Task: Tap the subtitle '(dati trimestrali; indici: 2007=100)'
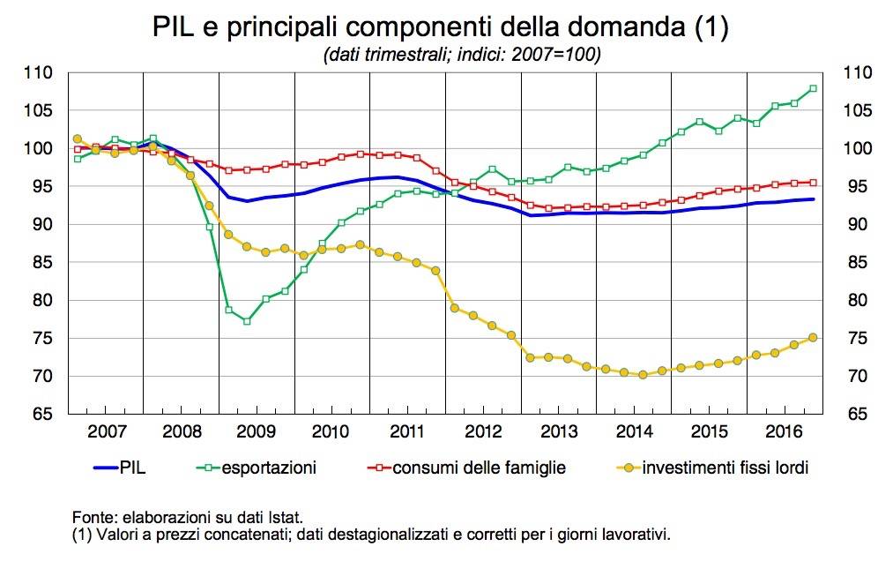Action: pyautogui.click(x=462, y=55)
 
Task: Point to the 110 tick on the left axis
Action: pyautogui.click(x=38, y=73)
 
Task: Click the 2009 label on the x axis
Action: pyautogui.click(x=256, y=432)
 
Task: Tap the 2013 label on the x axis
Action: pyautogui.click(x=559, y=432)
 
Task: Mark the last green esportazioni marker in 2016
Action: pyautogui.click(x=813, y=88)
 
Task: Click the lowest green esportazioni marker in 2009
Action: pyautogui.click(x=248, y=321)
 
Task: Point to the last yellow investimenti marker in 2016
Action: pyautogui.click(x=813, y=337)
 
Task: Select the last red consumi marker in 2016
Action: pyautogui.click(x=813, y=183)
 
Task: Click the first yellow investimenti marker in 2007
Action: pyautogui.click(x=78, y=139)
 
